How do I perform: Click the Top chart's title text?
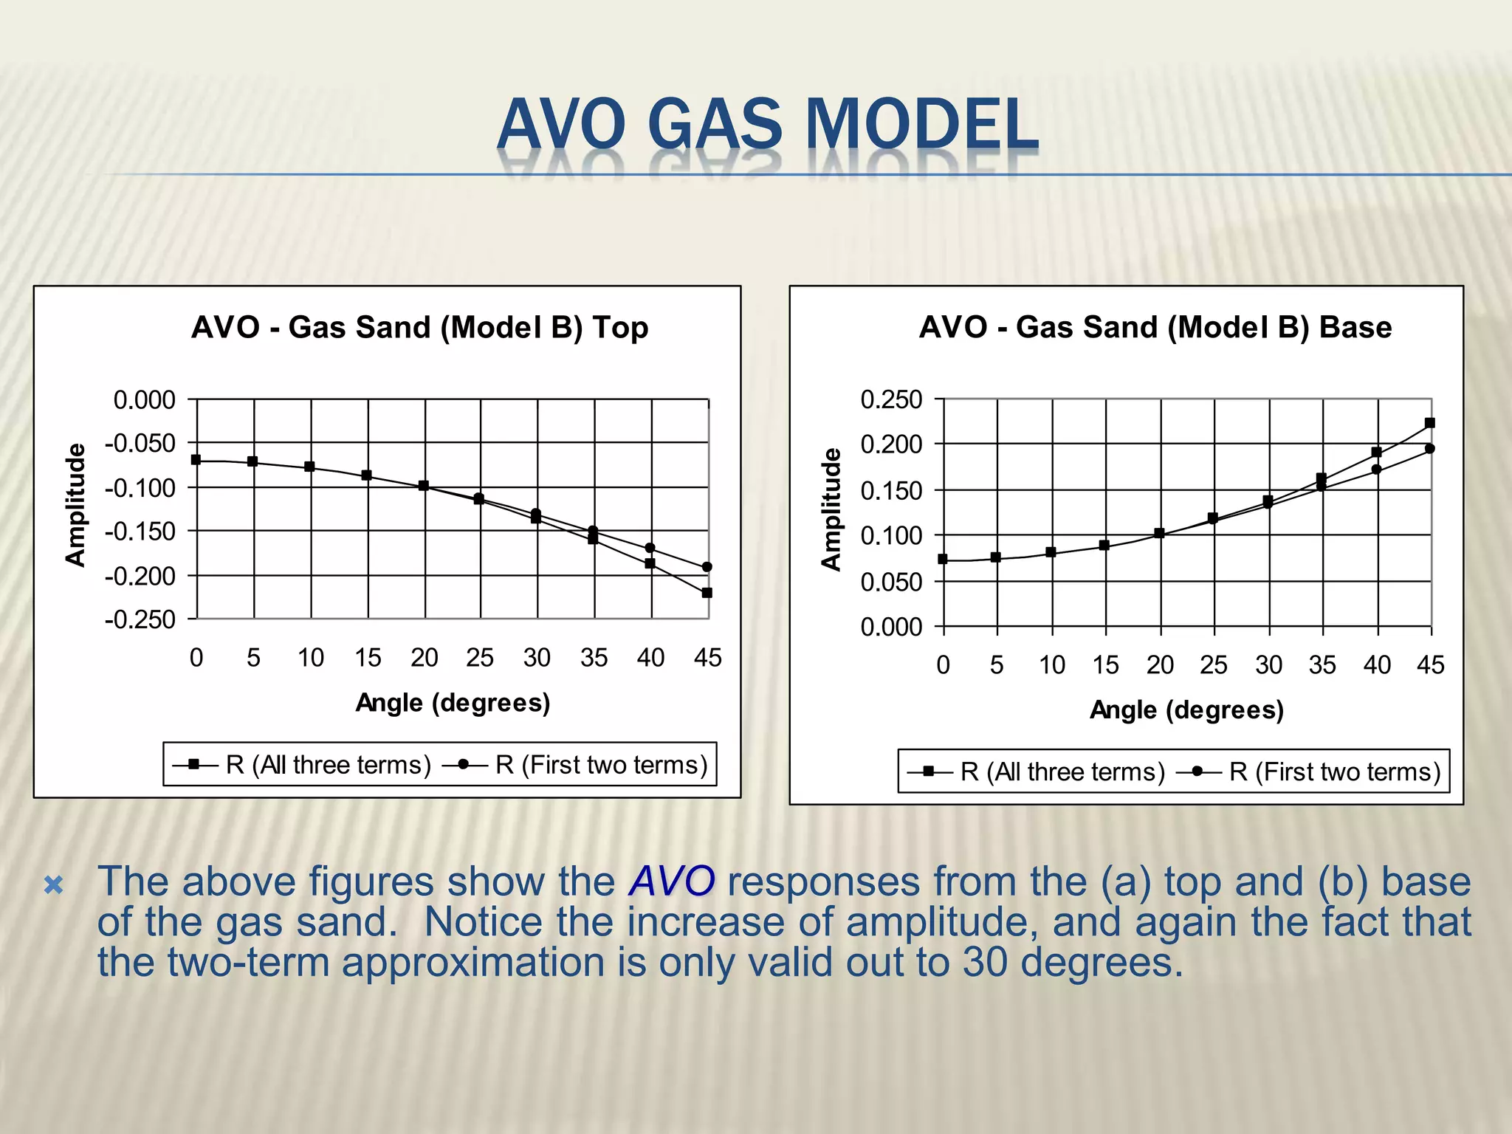point(419,327)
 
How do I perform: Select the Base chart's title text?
point(1155,327)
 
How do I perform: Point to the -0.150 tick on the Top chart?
point(140,531)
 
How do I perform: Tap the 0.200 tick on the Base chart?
point(891,444)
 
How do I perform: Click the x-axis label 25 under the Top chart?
point(480,658)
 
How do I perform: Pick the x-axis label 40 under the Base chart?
point(1377,665)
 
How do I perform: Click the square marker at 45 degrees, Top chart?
point(707,593)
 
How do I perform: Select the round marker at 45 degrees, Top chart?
point(707,567)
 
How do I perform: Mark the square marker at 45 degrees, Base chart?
point(1430,423)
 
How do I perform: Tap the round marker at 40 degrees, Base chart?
point(1377,470)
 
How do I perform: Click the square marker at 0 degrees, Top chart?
point(196,459)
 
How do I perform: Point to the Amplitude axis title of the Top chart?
point(75,506)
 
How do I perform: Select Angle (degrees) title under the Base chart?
point(1186,710)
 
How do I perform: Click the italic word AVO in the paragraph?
point(671,881)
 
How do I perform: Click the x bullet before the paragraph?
point(54,884)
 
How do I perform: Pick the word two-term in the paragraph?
point(248,962)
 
